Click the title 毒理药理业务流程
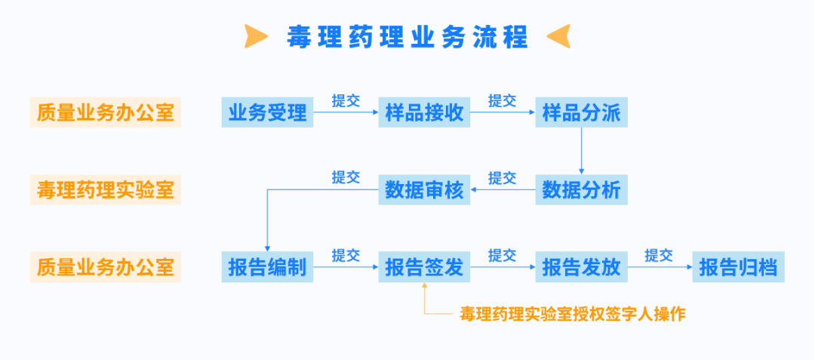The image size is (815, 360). [407, 35]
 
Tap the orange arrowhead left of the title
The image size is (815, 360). [257, 35]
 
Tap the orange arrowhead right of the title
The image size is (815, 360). [558, 35]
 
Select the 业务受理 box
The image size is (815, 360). [267, 113]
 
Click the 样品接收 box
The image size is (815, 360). [424, 113]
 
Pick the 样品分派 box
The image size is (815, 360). [581, 113]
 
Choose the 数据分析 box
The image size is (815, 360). [581, 190]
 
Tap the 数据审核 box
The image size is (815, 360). [424, 190]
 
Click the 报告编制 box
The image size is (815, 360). [267, 267]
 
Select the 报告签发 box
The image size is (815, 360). [424, 267]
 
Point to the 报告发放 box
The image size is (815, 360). [581, 267]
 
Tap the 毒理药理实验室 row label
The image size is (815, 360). [105, 190]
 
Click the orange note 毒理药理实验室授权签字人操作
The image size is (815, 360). [573, 314]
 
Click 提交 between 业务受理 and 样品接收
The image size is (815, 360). [346, 101]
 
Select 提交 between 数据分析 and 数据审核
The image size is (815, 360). [503, 178]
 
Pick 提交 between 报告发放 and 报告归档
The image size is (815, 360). [659, 255]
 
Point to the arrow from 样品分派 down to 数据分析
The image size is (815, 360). [581, 151]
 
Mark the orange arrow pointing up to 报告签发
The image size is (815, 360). [424, 299]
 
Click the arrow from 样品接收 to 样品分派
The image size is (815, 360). [503, 114]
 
